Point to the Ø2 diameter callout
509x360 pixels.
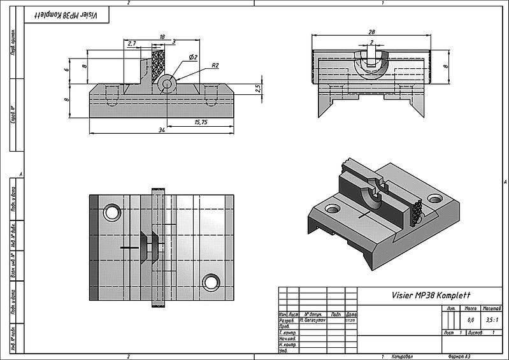[193, 57]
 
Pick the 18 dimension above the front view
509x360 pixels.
[162, 37]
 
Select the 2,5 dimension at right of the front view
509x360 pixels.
[257, 88]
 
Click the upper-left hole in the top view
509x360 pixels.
[112, 212]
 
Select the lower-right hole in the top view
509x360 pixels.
[210, 282]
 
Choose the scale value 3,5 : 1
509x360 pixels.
[490, 320]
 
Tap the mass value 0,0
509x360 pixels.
[471, 320]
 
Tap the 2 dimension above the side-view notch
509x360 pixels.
[371, 43]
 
